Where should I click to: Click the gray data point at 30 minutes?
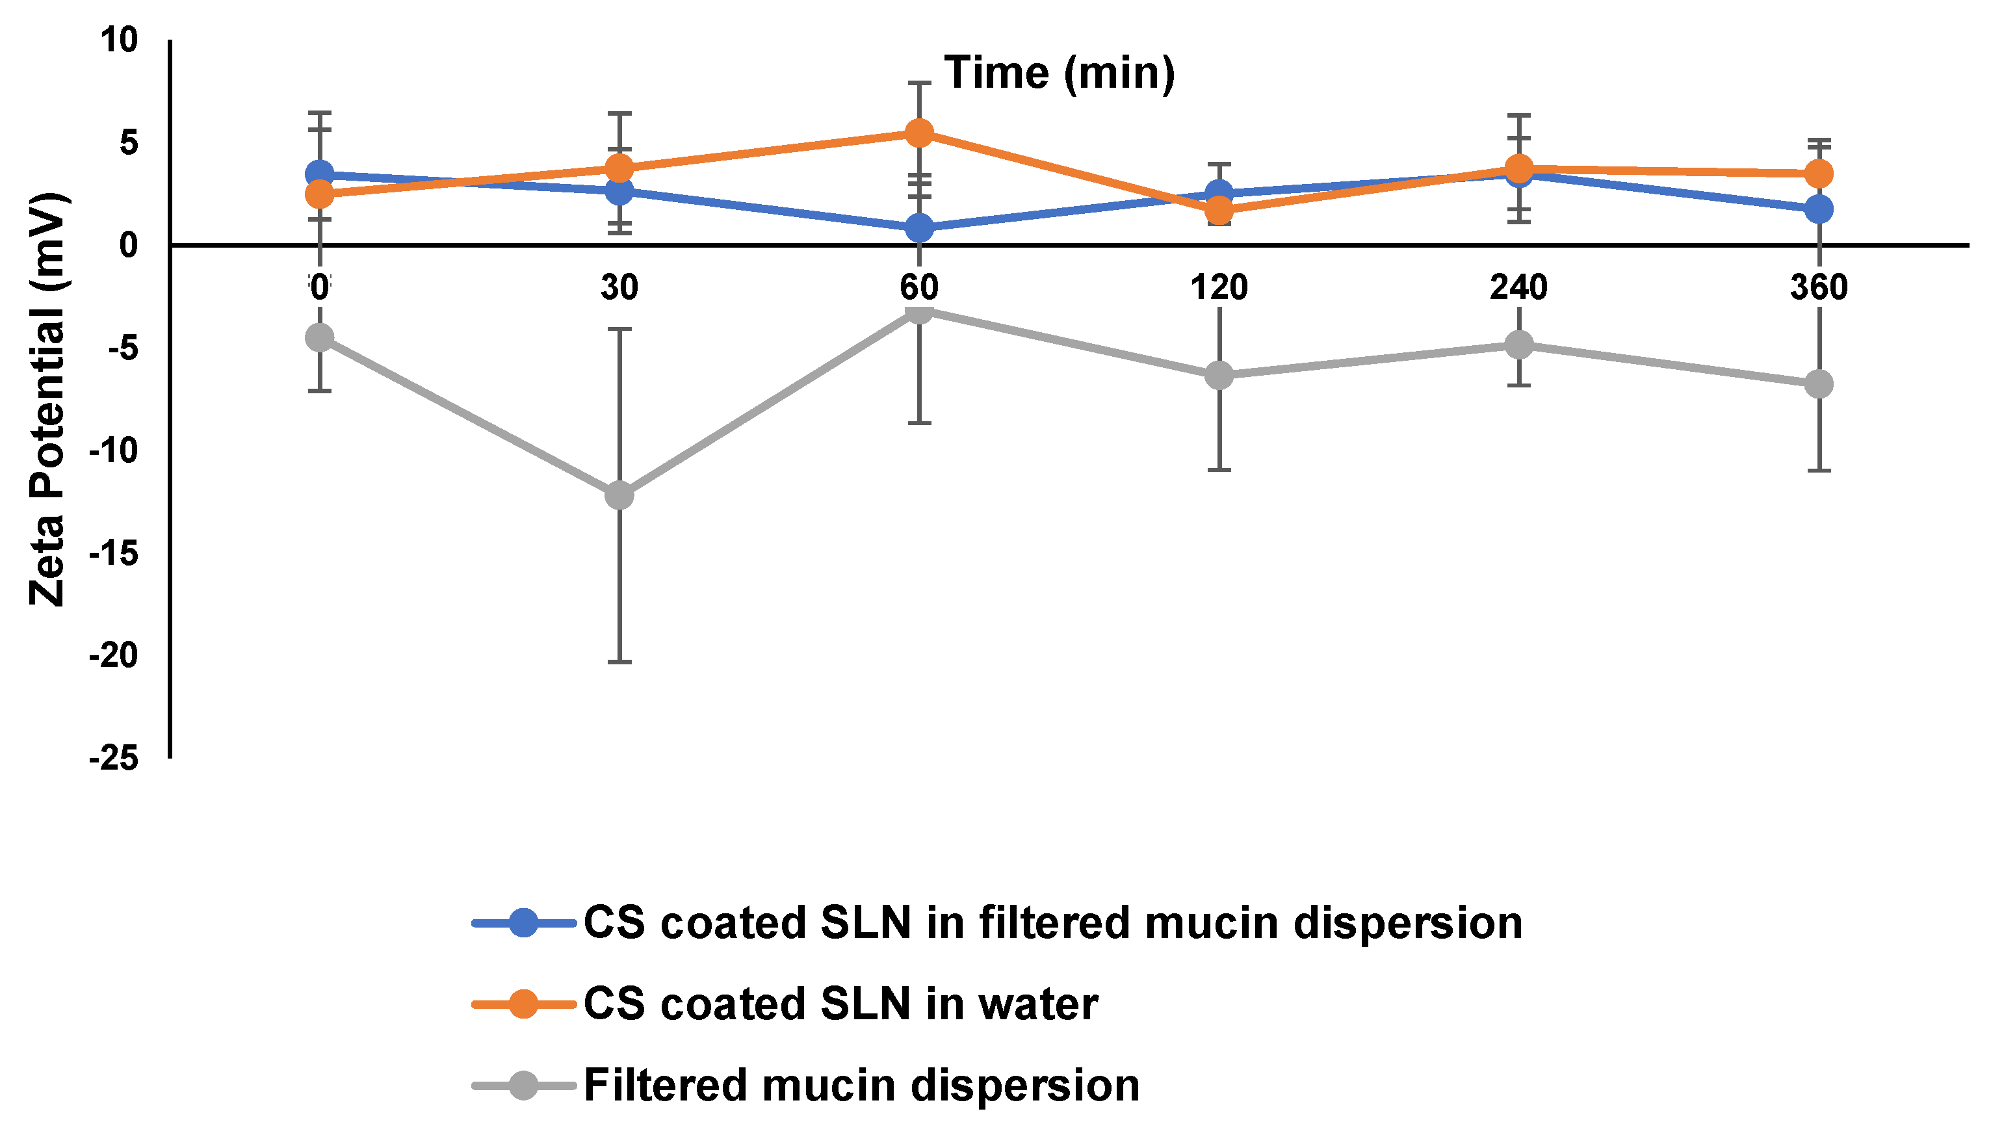[619, 494]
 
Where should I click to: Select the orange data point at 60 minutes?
[919, 133]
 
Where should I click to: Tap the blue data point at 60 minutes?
[919, 228]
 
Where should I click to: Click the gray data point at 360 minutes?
[1818, 384]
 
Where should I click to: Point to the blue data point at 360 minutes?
[1818, 209]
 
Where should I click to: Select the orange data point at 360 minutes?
[1818, 174]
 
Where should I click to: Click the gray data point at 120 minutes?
[1219, 375]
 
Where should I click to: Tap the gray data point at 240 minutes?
[1518, 344]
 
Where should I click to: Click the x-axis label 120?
[1219, 288]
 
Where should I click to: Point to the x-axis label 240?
[1518, 288]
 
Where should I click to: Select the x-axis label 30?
[619, 288]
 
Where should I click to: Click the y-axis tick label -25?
[114, 758]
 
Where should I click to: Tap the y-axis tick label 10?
[118, 40]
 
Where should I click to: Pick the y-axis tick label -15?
[114, 553]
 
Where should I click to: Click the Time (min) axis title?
[1059, 73]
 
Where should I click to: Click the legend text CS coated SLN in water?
[840, 1004]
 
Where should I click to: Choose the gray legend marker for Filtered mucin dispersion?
[524, 1086]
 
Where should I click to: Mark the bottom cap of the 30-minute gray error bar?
[619, 662]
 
